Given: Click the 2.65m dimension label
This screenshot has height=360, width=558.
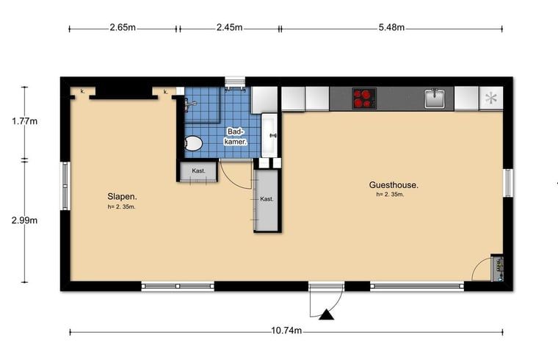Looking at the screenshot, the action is tap(123, 27).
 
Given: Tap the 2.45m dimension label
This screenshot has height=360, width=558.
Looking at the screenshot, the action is tap(230, 27).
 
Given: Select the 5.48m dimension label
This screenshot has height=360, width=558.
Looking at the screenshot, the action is tap(391, 27).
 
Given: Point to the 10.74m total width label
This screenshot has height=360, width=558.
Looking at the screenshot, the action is tap(286, 331).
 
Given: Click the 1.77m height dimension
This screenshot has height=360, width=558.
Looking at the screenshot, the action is tap(24, 121).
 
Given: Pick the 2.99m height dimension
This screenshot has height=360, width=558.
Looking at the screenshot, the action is tap(24, 220).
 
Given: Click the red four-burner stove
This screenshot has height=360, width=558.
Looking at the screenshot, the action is tap(364, 98).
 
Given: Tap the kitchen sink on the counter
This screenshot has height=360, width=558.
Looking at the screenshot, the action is tap(435, 98).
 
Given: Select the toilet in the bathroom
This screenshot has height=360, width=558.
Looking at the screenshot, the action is tap(193, 143).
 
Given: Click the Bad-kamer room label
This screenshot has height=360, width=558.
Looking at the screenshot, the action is tap(236, 137).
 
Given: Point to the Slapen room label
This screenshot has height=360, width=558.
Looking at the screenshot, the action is tap(122, 197).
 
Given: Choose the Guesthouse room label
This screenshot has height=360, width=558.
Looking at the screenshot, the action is tap(394, 185).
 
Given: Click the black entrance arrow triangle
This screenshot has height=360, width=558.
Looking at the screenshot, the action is tap(326, 314).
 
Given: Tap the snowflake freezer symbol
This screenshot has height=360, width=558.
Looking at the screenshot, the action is tap(491, 98).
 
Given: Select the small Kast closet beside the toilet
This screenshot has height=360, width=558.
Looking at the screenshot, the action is tap(198, 172).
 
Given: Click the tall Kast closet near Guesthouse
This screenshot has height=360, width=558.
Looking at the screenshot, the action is tap(267, 201).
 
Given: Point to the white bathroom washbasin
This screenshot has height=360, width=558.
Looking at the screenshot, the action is tap(269, 135).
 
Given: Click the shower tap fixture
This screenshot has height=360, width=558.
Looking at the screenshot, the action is tap(189, 104).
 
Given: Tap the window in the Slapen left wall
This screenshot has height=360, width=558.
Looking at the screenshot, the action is tap(65, 186).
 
